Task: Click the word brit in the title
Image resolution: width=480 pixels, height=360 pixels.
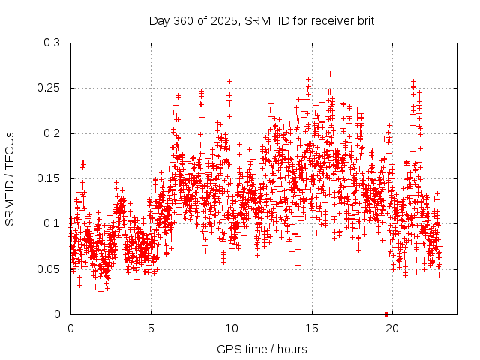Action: point(364,20)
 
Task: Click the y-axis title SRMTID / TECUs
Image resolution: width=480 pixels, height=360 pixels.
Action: point(10,178)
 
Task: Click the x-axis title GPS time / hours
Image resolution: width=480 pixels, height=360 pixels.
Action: point(262,349)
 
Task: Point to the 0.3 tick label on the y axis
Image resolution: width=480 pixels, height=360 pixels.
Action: point(52,43)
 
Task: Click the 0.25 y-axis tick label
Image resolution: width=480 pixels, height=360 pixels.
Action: point(49,88)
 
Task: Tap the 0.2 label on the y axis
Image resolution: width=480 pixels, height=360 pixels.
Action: point(52,133)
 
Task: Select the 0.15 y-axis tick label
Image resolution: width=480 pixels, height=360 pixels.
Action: point(49,178)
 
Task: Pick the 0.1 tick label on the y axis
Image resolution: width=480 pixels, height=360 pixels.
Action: point(52,223)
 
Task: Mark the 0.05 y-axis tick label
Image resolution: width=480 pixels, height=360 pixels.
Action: point(49,269)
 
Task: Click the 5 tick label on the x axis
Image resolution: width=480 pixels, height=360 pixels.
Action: point(151,328)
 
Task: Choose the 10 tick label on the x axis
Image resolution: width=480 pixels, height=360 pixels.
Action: point(232,328)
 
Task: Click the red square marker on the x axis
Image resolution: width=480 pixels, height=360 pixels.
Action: point(385,313)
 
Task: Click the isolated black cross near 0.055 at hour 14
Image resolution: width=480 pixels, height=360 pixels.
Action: point(298,265)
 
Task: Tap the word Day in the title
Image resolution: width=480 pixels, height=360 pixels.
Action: point(159,20)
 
